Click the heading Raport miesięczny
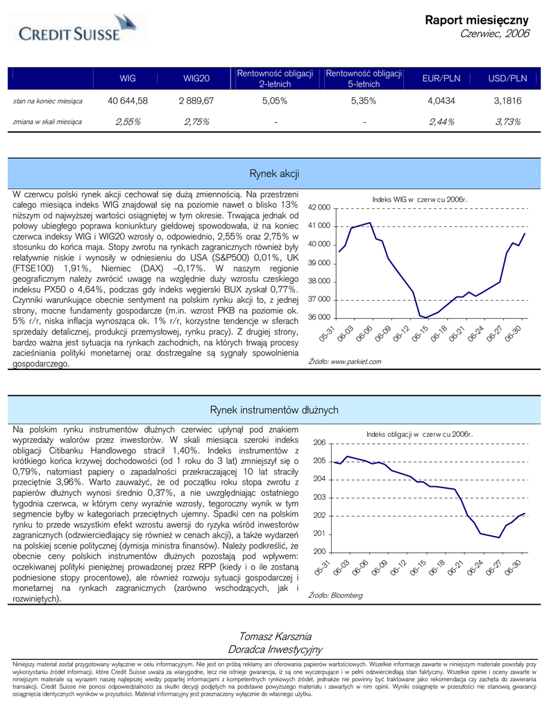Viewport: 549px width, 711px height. (477, 20)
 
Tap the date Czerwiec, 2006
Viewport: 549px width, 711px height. (495, 34)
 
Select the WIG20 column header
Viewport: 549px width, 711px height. (196, 78)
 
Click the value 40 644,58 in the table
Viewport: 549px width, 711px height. (128, 101)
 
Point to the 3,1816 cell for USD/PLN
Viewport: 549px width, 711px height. (507, 101)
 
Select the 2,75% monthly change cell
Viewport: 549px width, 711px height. (196, 122)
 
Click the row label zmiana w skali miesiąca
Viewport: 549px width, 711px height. (47, 122)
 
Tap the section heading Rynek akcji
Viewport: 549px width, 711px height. (273, 173)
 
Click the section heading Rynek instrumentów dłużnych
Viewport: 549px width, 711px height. (273, 410)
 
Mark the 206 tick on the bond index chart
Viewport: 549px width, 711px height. (319, 442)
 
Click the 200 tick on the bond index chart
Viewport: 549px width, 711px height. (319, 551)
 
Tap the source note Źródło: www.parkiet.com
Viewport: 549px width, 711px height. (344, 362)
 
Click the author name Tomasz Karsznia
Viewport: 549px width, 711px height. (275, 636)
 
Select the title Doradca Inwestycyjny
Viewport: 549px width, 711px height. (275, 649)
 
